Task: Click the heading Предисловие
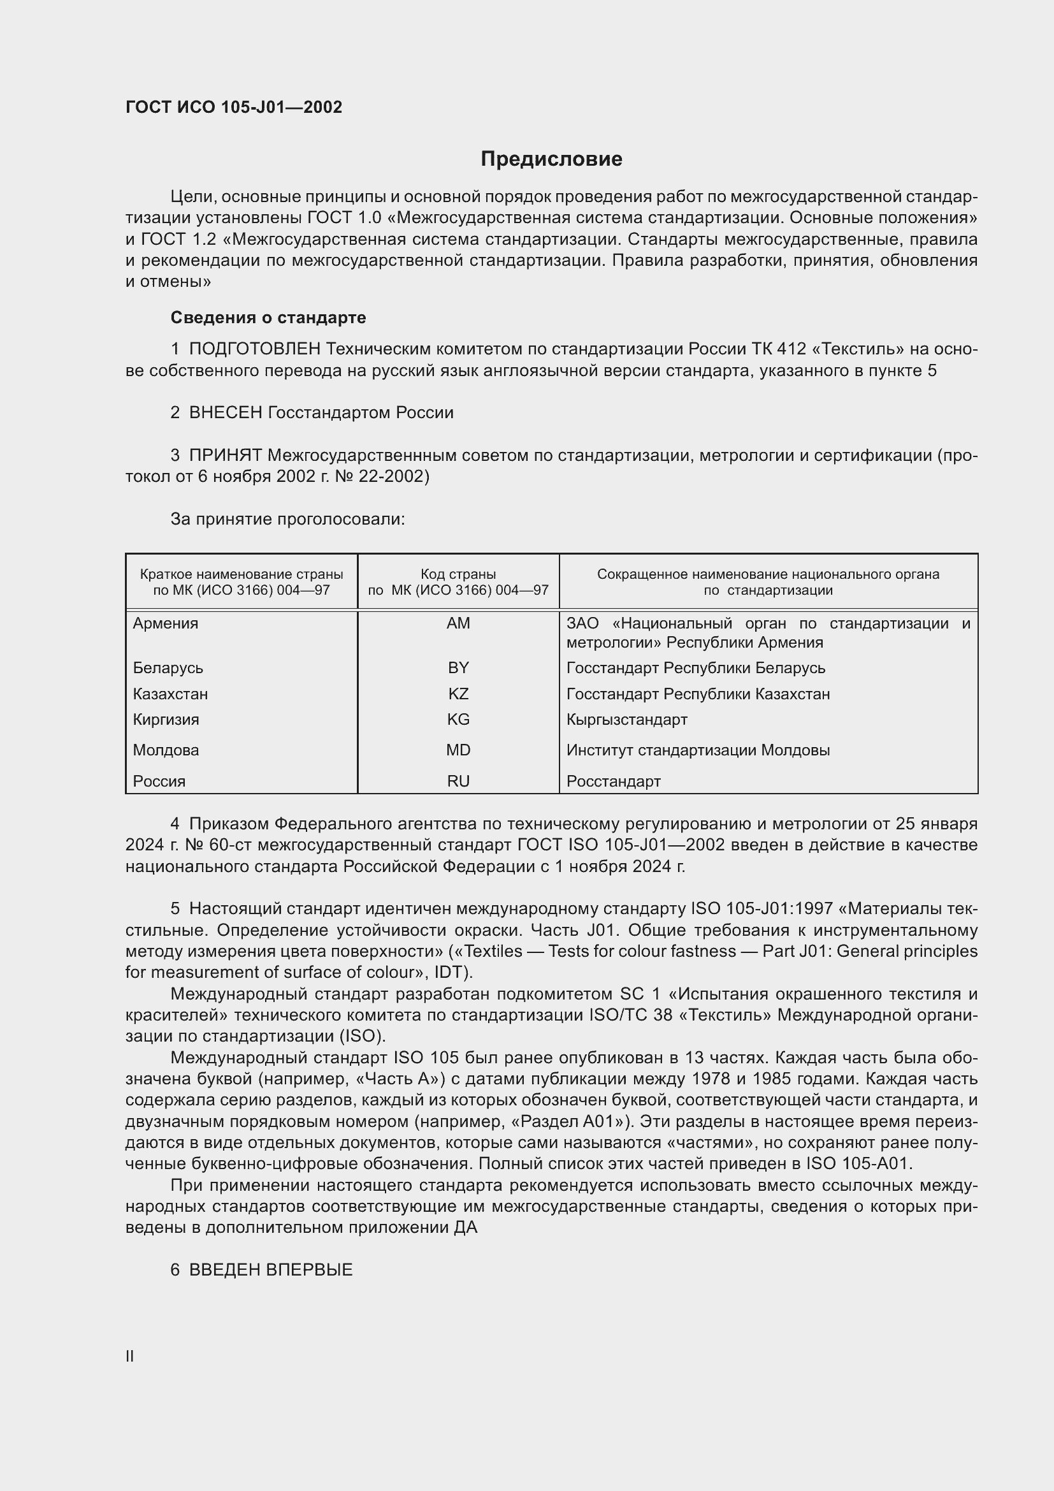pyautogui.click(x=551, y=159)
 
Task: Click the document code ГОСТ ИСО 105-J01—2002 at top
pyautogui.click(x=234, y=107)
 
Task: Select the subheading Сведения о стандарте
pyautogui.click(x=268, y=317)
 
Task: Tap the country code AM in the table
pyautogui.click(x=458, y=623)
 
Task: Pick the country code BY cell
pyautogui.click(x=458, y=667)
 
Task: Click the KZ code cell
pyautogui.click(x=458, y=694)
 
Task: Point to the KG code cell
pyautogui.click(x=458, y=720)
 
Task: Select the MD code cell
pyautogui.click(x=458, y=750)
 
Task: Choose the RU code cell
pyautogui.click(x=458, y=782)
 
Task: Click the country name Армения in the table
pyautogui.click(x=166, y=623)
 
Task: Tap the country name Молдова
pyautogui.click(x=166, y=750)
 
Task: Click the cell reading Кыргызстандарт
pyautogui.click(x=626, y=720)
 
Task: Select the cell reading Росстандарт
pyautogui.click(x=613, y=782)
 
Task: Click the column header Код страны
pyautogui.click(x=458, y=574)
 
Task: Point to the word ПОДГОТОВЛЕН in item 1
pyautogui.click(x=254, y=349)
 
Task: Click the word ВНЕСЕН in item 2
pyautogui.click(x=225, y=413)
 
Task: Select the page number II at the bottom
pyautogui.click(x=130, y=1356)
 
